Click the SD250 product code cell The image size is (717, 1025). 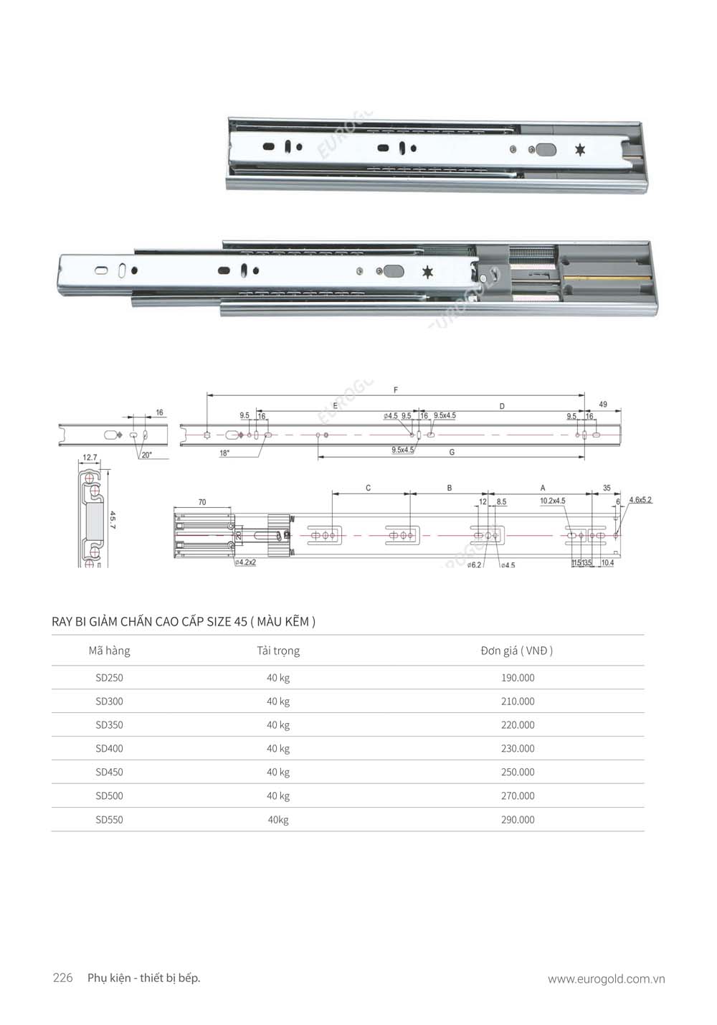(x=109, y=678)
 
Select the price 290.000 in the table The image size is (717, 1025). (x=517, y=820)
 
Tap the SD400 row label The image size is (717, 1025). (x=109, y=749)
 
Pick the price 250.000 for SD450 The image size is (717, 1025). (x=517, y=773)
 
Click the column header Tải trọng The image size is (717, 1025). (x=278, y=651)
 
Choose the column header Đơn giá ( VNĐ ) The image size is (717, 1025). (x=516, y=651)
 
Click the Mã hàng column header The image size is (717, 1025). (x=109, y=651)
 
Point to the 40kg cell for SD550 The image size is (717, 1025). (x=278, y=820)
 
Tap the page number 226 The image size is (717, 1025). (x=63, y=978)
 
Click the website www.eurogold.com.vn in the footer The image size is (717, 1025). (x=606, y=979)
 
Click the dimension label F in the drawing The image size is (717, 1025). (x=396, y=390)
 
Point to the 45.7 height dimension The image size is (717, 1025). (x=113, y=520)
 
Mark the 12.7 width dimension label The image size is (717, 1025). (x=90, y=457)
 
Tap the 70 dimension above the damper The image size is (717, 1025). (x=202, y=502)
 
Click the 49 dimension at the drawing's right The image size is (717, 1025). (x=602, y=405)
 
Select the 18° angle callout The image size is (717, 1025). (x=224, y=453)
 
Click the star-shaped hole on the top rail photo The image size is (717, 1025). (x=579, y=150)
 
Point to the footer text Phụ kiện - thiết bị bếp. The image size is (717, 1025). (x=143, y=978)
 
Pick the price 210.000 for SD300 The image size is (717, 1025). (x=517, y=702)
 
